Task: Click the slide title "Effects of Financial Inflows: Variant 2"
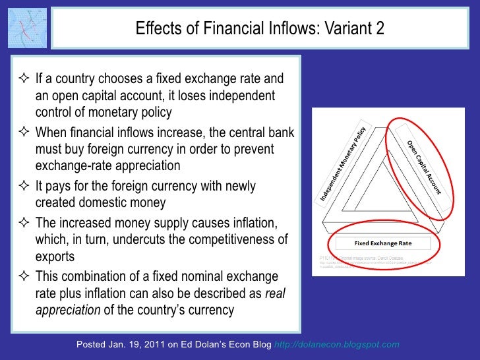(259, 28)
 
